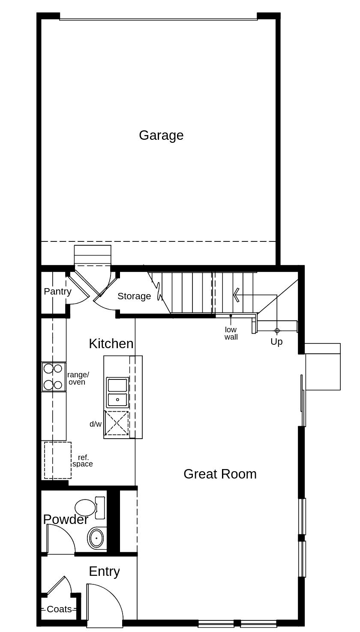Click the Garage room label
[x=161, y=135]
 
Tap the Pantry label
[x=57, y=292]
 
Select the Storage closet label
[x=134, y=296]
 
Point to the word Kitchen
[x=111, y=343]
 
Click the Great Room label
[x=220, y=474]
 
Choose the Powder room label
[x=66, y=519]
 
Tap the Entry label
[x=104, y=571]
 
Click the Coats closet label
[x=59, y=609]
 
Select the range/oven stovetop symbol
[x=54, y=376]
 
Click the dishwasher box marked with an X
[x=117, y=423]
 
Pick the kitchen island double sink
[x=117, y=392]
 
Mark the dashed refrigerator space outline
[x=58, y=460]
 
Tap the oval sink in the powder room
[x=96, y=538]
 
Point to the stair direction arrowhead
[x=236, y=295]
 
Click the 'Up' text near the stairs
[x=276, y=342]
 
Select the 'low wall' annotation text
[x=231, y=333]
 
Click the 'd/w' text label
[x=96, y=424]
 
